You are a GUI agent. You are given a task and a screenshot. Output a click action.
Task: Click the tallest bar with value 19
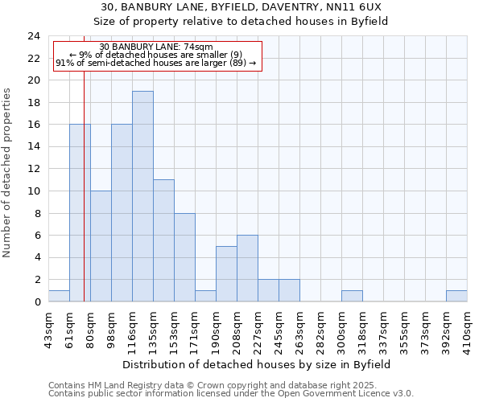click(x=142, y=196)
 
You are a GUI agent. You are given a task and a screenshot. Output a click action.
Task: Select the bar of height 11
click(x=163, y=240)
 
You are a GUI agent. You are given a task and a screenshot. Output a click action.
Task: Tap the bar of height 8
click(x=184, y=257)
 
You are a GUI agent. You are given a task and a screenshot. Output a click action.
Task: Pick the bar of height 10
click(x=101, y=246)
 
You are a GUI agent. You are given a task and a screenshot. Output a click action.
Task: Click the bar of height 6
click(x=247, y=269)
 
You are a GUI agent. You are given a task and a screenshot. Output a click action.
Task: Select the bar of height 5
click(x=226, y=274)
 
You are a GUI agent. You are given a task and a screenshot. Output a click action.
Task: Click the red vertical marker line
click(x=84, y=201)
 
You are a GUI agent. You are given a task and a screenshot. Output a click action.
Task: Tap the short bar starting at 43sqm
click(x=59, y=296)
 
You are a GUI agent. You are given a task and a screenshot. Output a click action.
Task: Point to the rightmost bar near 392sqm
click(x=456, y=296)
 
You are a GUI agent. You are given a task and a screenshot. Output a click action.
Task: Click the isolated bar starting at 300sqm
click(x=352, y=296)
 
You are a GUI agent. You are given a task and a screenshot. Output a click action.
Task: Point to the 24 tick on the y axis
click(x=33, y=36)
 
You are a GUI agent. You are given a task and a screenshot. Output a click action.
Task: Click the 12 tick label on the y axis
click(x=33, y=169)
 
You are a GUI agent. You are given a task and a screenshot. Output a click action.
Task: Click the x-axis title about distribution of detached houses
click(x=258, y=364)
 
